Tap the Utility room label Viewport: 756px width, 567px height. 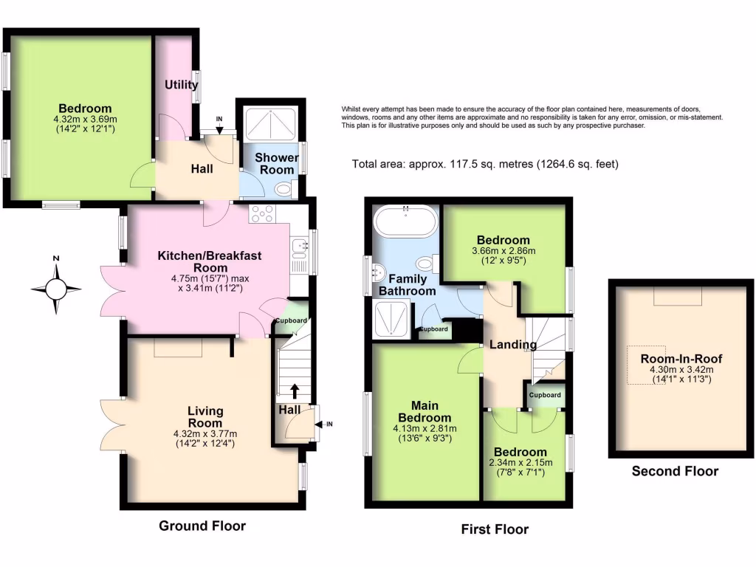click(181, 85)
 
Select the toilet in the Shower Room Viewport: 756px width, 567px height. click(282, 190)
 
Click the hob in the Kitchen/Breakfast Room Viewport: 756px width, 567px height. click(264, 213)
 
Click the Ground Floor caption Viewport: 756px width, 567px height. click(202, 526)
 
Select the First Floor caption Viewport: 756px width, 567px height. click(495, 529)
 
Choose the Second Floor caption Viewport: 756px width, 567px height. click(675, 471)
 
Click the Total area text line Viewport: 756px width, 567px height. click(485, 164)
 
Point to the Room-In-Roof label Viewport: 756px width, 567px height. click(676, 359)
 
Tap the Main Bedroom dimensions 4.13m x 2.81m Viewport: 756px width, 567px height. click(425, 428)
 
